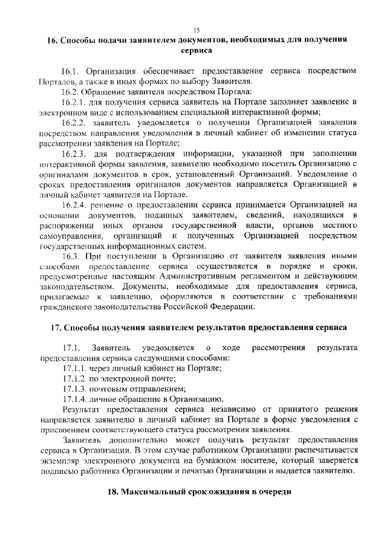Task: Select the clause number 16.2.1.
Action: (74, 102)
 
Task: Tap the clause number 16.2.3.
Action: (74, 153)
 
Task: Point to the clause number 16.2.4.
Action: (74, 205)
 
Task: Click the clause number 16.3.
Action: (71, 256)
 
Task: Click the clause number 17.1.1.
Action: (75, 367)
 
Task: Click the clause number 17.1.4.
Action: (75, 399)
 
